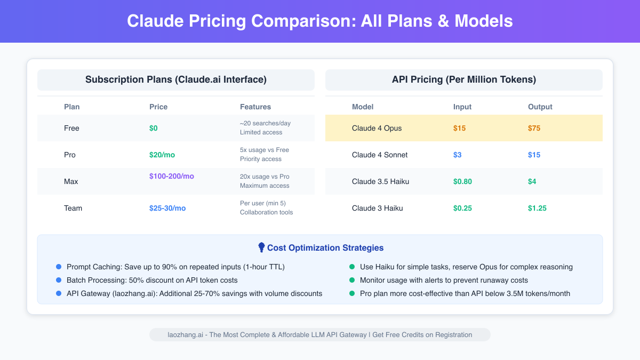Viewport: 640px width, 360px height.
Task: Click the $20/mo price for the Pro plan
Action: (162, 155)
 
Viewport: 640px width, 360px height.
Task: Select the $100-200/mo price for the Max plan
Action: (172, 176)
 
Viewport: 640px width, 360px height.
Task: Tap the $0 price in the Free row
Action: (154, 128)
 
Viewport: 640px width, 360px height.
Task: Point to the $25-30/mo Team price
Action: (167, 208)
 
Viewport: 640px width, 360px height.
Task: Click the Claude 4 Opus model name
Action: (377, 128)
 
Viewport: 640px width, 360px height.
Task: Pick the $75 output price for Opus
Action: (535, 128)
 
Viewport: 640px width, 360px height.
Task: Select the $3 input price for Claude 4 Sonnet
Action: (457, 155)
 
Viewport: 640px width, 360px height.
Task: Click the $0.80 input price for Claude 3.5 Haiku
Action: (462, 181)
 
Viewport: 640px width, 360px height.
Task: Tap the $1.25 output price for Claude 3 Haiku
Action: (537, 208)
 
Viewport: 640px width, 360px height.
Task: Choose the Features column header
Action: (255, 107)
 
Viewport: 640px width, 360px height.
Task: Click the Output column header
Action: (540, 107)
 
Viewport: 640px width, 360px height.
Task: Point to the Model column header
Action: (363, 107)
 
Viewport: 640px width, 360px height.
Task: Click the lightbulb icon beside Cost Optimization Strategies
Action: (261, 247)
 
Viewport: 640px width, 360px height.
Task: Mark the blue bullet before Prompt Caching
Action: (59, 267)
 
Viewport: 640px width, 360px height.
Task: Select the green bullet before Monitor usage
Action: (352, 280)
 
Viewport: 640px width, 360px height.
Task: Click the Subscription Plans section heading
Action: (176, 80)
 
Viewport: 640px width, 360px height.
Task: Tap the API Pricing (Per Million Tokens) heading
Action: (464, 80)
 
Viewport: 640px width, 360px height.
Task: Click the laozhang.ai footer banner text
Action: (320, 335)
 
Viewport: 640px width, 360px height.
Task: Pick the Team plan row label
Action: (73, 208)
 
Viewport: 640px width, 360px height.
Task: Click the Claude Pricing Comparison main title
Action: (320, 21)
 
